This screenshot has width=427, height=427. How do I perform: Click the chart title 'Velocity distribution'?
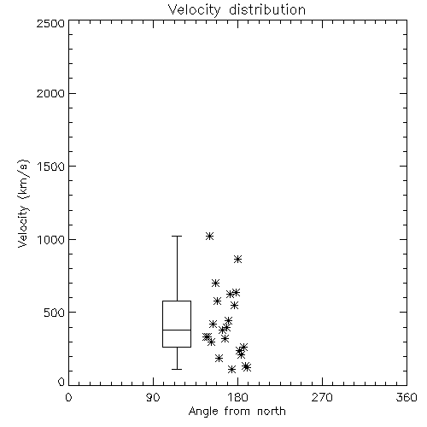[x=237, y=9]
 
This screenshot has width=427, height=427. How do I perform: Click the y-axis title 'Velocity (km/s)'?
[x=23, y=203]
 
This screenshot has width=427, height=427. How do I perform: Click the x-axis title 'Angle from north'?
[x=237, y=412]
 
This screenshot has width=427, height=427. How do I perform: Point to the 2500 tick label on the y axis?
[x=50, y=23]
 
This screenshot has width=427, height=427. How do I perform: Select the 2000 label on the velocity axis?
[x=50, y=93]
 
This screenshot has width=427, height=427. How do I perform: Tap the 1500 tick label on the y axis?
[x=51, y=167]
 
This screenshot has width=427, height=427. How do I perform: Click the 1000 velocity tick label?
[x=51, y=239]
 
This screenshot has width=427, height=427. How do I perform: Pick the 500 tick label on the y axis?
[x=55, y=313]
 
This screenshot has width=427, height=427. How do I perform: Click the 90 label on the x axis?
[x=153, y=397]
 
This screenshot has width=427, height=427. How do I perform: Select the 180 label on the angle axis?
[x=237, y=397]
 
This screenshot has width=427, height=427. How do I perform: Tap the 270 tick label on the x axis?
[x=322, y=397]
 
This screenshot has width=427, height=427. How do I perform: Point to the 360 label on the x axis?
[x=407, y=397]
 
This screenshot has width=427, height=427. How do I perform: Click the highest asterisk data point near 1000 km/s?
[x=209, y=236]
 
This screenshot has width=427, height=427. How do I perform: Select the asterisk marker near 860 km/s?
[x=237, y=260]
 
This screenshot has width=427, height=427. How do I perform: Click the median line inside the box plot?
[x=177, y=330]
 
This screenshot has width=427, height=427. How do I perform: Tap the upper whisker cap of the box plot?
[x=177, y=236]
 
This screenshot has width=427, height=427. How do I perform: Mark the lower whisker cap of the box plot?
[x=177, y=369]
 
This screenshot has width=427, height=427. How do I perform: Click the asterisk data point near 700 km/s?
[x=215, y=283]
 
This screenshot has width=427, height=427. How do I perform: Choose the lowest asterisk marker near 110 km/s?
[x=231, y=370]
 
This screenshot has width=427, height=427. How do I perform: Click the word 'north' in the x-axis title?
[x=272, y=412]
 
